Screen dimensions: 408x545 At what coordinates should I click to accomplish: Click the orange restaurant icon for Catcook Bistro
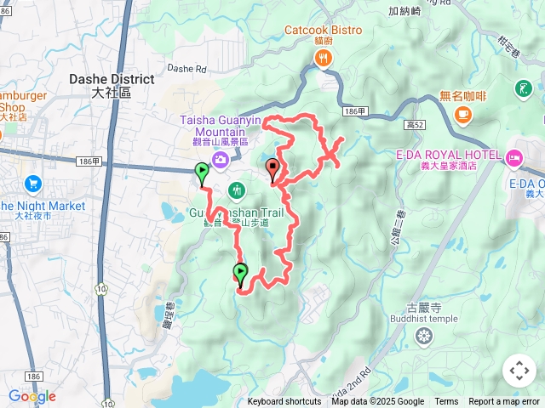pos(324,58)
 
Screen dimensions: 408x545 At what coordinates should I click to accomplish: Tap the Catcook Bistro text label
pos(323,31)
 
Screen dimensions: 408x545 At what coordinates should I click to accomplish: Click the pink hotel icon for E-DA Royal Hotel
pos(514,157)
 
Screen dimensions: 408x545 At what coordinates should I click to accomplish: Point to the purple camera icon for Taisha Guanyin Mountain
pos(221,160)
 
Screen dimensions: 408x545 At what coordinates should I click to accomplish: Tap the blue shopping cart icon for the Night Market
pos(33,184)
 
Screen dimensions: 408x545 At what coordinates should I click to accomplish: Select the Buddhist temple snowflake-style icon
pos(423,338)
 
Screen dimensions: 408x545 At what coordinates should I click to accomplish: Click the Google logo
pos(32,396)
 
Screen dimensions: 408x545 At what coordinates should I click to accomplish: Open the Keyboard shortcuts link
pos(284,402)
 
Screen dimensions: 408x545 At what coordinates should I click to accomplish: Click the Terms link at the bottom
pos(446,402)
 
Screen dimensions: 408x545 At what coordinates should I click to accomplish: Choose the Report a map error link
pos(504,402)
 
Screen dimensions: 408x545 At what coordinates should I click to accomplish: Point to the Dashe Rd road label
pos(187,68)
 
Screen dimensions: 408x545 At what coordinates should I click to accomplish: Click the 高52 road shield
pos(415,125)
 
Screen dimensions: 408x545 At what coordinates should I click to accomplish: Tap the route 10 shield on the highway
pos(101,289)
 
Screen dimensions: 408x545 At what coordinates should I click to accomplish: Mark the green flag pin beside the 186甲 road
pos(202,173)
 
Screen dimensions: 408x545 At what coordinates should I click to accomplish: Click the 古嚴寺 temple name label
pos(423,308)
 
